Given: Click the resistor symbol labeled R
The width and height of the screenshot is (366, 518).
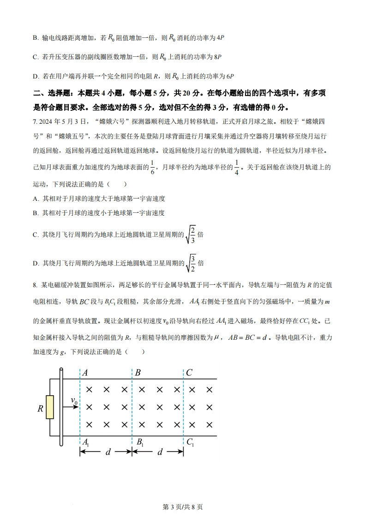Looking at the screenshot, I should [49, 407].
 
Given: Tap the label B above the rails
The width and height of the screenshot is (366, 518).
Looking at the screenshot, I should [138, 373].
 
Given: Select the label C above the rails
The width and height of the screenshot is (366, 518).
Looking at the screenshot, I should [189, 373].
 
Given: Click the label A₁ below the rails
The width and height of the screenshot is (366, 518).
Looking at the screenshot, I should [85, 442].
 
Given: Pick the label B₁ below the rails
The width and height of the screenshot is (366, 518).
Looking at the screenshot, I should [139, 442].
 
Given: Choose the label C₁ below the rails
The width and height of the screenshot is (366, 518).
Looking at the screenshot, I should [190, 442].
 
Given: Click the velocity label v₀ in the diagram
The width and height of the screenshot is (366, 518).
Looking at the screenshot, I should [74, 400].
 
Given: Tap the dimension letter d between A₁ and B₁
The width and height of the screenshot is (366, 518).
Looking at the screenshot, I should [108, 452].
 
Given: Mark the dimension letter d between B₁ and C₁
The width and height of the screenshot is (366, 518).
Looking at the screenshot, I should [160, 452].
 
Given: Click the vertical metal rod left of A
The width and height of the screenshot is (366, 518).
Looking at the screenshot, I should [61, 407].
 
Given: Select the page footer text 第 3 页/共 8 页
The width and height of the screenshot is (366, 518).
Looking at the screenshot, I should [183, 506].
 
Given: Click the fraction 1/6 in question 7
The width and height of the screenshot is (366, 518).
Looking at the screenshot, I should [152, 168].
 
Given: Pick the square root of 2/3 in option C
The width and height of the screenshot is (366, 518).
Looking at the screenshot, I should [190, 235].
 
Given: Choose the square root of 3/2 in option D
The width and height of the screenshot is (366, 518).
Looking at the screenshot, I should [190, 264].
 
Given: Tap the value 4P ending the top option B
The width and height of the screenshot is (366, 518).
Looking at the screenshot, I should [220, 37].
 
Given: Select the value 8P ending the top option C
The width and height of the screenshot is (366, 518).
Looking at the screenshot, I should [218, 57].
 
